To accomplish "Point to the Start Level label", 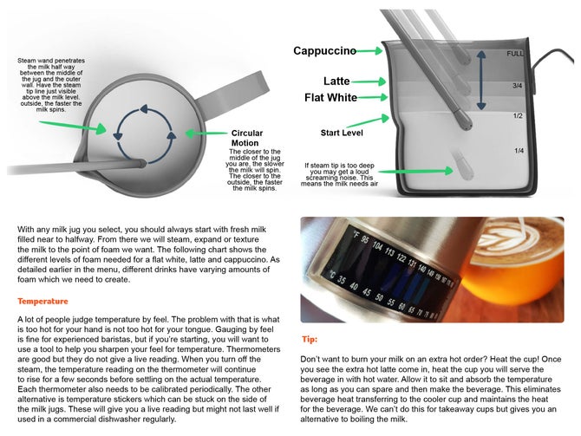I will click(343, 134).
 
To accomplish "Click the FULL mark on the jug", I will click(516, 54).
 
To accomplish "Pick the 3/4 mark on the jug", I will click(517, 86).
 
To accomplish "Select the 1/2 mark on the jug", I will click(517, 116).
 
